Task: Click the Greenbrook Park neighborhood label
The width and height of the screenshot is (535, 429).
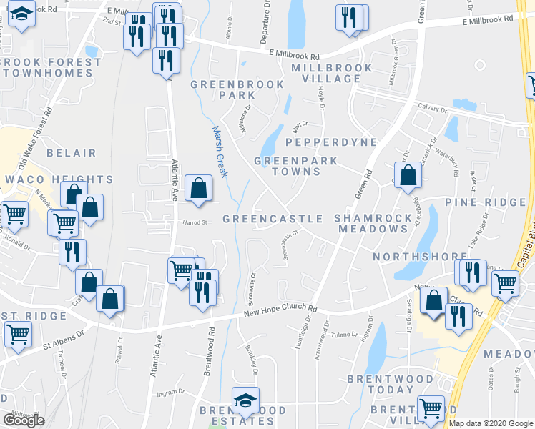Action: point(237,89)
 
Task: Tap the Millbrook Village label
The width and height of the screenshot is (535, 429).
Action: point(332,74)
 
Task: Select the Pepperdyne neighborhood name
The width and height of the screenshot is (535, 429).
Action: point(335,142)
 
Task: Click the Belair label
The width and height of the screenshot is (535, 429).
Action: point(71,153)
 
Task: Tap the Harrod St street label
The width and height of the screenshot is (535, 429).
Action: point(192,222)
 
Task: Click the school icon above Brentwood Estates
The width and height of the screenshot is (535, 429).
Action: point(245,400)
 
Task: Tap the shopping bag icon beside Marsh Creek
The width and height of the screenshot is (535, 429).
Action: point(199,188)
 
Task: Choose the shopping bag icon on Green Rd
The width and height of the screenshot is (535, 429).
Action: point(407,175)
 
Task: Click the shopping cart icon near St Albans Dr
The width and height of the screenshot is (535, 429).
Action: point(19,332)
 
